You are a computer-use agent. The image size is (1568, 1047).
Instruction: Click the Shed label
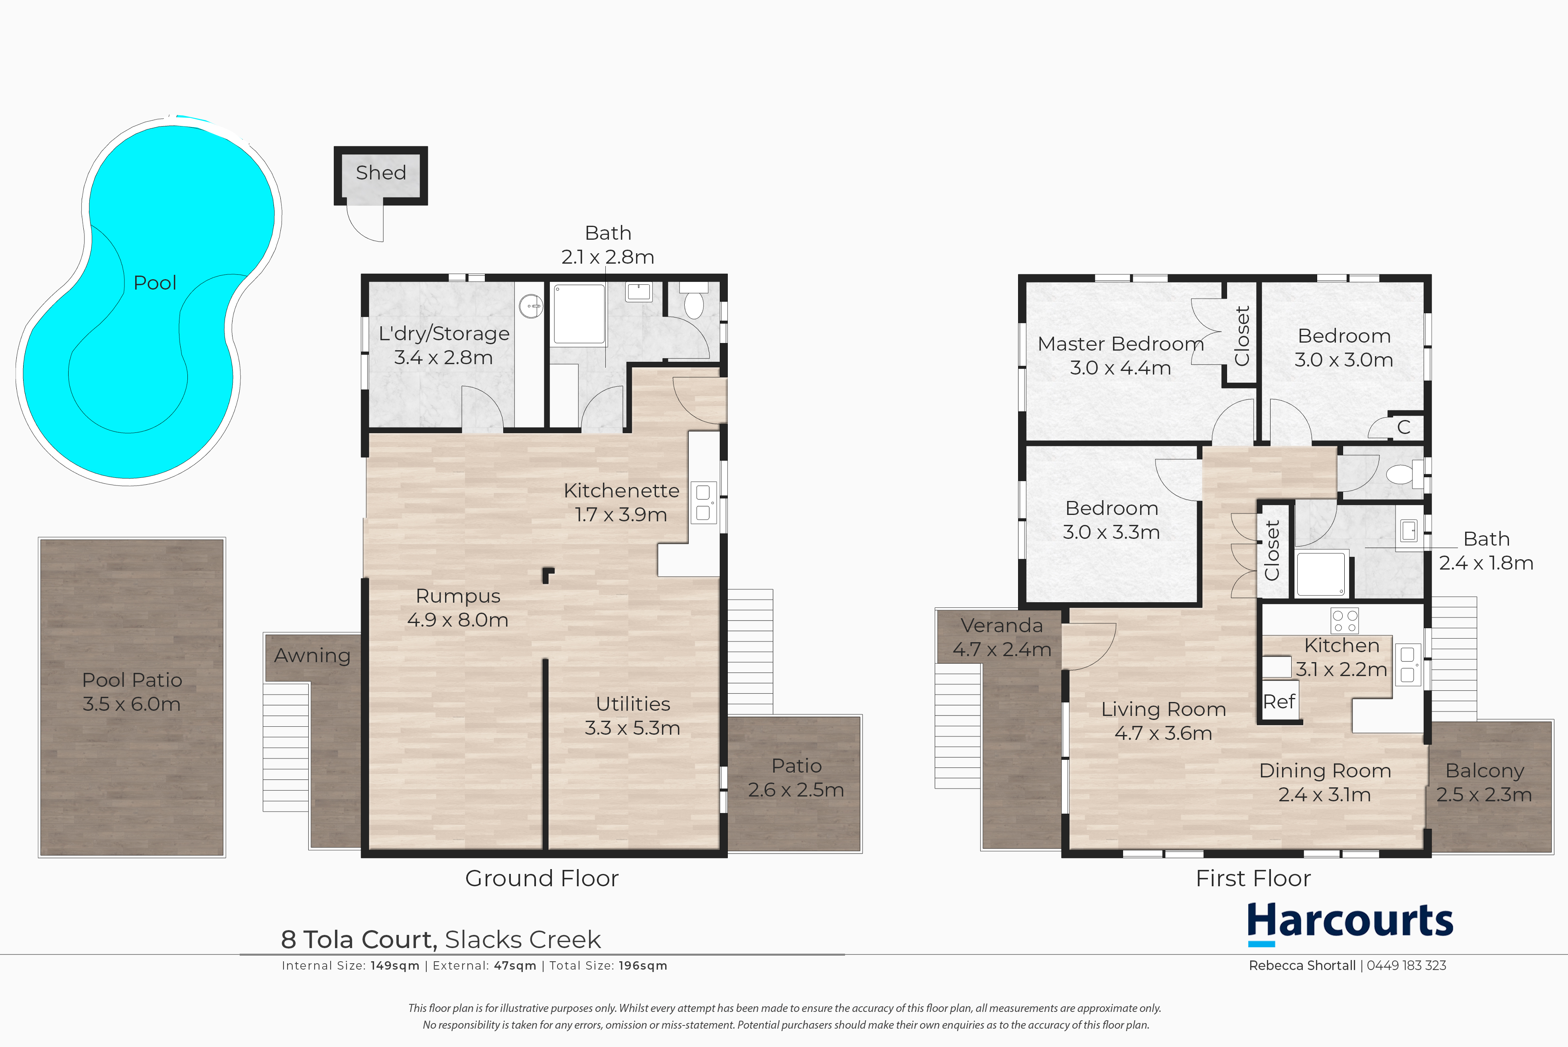(380, 172)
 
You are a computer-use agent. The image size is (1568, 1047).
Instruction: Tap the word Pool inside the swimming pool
(155, 282)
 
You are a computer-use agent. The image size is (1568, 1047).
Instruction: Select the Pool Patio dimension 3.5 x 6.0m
(132, 704)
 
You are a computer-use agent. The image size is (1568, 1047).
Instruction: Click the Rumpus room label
(458, 595)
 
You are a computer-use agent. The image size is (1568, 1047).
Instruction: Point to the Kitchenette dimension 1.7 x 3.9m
(621, 514)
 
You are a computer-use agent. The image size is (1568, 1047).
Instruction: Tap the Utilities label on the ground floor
(633, 704)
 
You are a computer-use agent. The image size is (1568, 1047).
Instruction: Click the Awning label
(312, 656)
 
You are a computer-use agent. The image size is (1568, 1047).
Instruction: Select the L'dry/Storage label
(444, 333)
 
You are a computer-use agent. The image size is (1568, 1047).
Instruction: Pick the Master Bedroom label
(1121, 344)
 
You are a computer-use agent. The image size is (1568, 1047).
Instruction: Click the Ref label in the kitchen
(1279, 702)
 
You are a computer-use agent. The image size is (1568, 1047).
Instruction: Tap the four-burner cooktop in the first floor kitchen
(1344, 620)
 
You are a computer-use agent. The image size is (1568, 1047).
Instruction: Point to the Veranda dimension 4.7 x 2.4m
(1002, 649)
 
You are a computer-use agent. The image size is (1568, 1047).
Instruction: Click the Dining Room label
(1325, 771)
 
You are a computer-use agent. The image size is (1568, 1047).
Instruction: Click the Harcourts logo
(1350, 923)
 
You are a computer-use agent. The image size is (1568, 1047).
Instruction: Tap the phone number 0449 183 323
(1406, 966)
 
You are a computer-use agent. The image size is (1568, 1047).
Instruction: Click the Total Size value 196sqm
(643, 966)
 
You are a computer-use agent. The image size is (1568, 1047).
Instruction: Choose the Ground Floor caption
(542, 878)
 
